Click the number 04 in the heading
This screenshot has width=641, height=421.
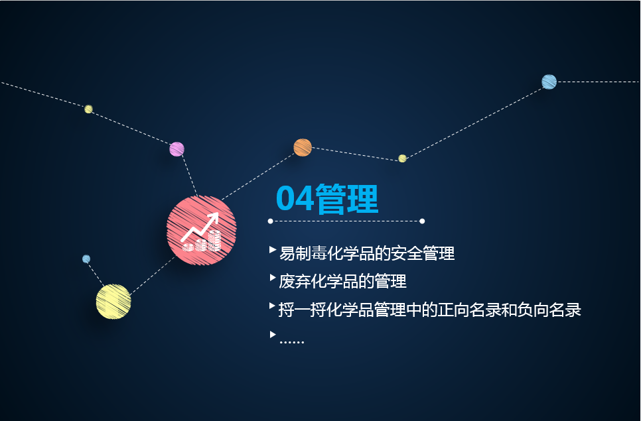point(295,198)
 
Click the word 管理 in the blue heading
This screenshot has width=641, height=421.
point(346,199)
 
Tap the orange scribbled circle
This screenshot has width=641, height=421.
point(303,147)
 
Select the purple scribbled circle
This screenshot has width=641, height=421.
point(177,149)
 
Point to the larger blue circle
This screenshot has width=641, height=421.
point(549,82)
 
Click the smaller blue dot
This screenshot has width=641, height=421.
point(86,259)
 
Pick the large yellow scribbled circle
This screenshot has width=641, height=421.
point(113,302)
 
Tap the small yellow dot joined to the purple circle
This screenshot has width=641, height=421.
point(89,109)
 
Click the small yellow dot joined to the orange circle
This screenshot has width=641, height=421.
point(402,158)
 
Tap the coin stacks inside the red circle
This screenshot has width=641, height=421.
point(202,241)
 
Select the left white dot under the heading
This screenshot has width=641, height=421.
point(270,221)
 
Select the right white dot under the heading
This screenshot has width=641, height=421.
point(422,221)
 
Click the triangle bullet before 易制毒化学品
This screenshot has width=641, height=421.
point(273,249)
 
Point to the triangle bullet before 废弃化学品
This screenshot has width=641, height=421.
point(273,278)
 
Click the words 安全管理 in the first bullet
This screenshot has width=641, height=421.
point(423,253)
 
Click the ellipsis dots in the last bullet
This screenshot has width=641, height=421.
point(291,342)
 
